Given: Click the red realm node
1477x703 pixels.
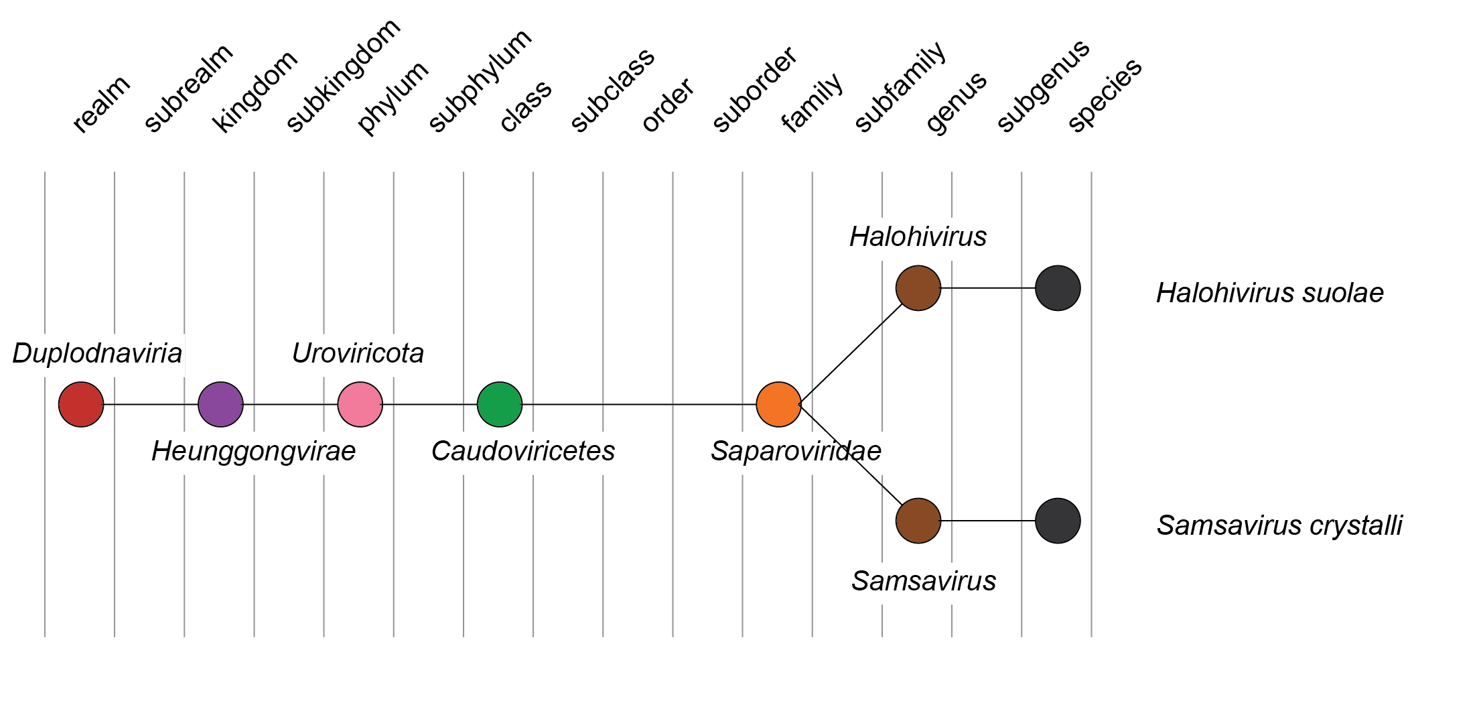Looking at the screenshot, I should click(x=81, y=404).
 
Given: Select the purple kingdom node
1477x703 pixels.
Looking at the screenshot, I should click(x=220, y=404).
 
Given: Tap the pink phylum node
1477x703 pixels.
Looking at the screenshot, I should click(x=360, y=404).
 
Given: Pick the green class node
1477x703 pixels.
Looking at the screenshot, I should click(x=499, y=404).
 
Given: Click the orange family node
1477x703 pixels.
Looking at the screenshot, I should click(x=778, y=404).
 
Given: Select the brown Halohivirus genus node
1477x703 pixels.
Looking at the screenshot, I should click(x=918, y=288).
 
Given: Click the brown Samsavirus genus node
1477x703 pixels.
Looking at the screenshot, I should click(x=918, y=521).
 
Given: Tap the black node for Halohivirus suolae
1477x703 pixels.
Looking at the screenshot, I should click(x=1057, y=288).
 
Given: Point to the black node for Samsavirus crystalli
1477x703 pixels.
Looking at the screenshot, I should click(x=1057, y=521).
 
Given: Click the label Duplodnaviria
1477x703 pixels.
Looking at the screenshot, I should click(x=97, y=353).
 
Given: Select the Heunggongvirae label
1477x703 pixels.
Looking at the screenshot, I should click(x=253, y=451).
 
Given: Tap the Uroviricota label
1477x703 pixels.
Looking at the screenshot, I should click(x=358, y=353).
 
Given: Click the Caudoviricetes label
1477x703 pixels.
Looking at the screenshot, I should click(x=522, y=451).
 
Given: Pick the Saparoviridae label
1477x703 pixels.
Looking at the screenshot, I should click(x=796, y=451).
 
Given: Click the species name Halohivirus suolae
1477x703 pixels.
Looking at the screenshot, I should click(x=1269, y=293).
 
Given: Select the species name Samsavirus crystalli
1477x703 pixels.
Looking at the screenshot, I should click(x=1279, y=525).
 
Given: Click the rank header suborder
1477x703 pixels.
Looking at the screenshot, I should click(x=754, y=88).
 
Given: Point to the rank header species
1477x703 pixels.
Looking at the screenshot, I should click(x=1105, y=94).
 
